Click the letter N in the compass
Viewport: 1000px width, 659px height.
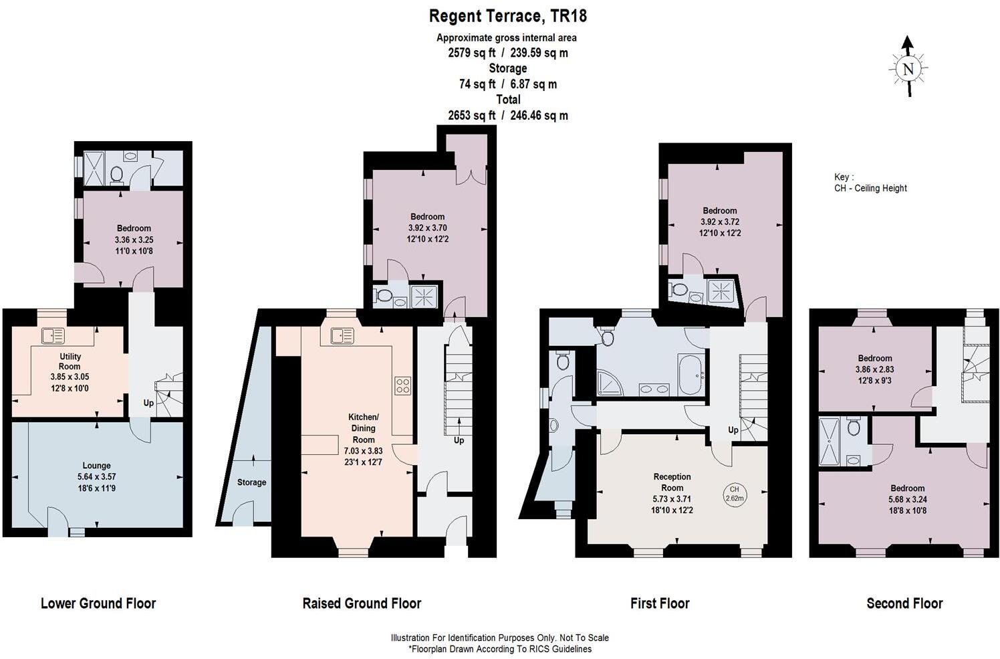click(908, 70)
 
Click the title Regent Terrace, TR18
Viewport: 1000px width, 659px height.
click(508, 16)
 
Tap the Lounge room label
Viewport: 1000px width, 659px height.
click(96, 466)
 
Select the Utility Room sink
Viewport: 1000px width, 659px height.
click(53, 336)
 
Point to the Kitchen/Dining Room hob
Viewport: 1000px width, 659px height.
click(402, 385)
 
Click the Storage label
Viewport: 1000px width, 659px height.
click(252, 482)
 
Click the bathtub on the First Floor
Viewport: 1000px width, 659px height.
click(692, 375)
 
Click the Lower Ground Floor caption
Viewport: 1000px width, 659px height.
click(98, 603)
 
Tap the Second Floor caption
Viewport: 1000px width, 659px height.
click(904, 603)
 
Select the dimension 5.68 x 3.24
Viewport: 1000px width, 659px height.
click(907, 500)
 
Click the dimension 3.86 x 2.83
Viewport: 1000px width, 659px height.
click(874, 369)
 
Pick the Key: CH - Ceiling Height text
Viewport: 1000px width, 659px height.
click(870, 183)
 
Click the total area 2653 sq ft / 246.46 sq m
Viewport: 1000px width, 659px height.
click(508, 116)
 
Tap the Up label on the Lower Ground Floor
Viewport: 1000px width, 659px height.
click(148, 403)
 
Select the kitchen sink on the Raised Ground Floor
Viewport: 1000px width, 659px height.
click(342, 336)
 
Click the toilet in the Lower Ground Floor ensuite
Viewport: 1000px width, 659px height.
click(117, 174)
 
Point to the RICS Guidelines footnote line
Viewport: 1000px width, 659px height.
click(500, 649)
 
